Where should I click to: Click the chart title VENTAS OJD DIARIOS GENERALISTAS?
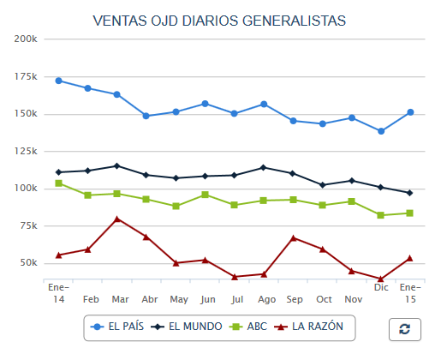[219, 20]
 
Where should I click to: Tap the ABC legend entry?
[249, 327]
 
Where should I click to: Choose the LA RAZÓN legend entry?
[312, 327]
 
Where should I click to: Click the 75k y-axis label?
[26, 225]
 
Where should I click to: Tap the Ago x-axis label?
[266, 300]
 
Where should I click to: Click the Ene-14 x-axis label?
[58, 292]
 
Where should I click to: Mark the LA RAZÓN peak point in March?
[117, 219]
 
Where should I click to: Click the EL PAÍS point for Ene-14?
[58, 81]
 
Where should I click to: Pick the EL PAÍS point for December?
[381, 131]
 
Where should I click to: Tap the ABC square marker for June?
[205, 195]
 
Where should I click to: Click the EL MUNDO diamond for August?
[264, 167]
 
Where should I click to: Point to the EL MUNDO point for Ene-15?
[410, 193]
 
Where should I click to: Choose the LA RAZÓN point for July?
[235, 277]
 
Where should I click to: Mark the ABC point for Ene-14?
[58, 183]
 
